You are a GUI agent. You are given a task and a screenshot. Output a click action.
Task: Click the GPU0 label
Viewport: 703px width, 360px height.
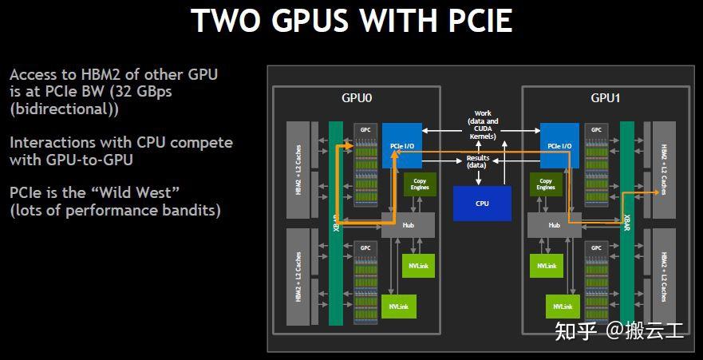(357, 98)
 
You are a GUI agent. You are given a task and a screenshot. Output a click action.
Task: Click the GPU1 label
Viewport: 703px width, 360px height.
(606, 98)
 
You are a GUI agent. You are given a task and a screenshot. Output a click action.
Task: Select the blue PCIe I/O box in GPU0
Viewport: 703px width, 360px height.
(400, 145)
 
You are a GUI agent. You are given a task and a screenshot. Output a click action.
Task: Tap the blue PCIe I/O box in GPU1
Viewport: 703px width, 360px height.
(559, 145)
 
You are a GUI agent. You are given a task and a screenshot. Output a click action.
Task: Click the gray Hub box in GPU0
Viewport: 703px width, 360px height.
(407, 225)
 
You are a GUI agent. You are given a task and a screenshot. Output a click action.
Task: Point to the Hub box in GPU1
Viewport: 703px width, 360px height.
(554, 225)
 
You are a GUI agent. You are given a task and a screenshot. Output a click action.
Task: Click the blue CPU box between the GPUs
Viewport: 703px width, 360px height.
(482, 203)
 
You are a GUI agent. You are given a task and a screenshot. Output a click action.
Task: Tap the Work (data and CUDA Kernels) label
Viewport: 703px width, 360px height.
(482, 125)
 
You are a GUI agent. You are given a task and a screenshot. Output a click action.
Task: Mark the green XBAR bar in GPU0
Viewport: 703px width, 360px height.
(335, 223)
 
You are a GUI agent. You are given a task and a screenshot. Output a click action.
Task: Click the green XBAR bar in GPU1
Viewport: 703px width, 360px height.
(627, 223)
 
